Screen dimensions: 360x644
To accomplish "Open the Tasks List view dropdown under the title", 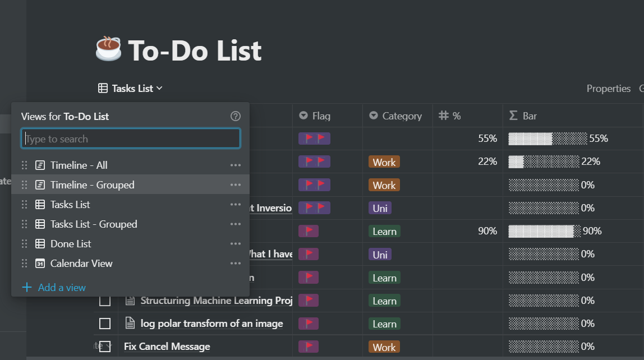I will coord(130,88).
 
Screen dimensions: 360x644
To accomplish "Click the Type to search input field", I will coord(131,139).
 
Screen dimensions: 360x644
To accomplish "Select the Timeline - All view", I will coord(79,165).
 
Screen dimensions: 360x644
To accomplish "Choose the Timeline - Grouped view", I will coord(92,185).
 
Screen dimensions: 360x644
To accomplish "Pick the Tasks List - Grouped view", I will coord(93,224).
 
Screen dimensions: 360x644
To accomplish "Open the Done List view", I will coord(71,244).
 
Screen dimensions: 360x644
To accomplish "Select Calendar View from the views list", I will coord(81,264).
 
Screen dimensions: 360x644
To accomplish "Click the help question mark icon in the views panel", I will coord(236,116).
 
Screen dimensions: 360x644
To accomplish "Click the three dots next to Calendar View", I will coord(236,264).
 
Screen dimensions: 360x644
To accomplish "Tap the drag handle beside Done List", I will coord(24,244).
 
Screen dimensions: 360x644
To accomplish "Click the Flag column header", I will coord(321,116).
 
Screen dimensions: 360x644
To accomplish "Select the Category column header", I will coord(401,116).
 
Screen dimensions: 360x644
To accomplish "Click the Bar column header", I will coord(529,116).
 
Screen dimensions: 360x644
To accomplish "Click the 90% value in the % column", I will coord(487,231).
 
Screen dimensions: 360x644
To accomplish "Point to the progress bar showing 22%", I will coord(543,162).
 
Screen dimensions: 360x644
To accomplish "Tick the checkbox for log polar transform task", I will coord(105,324).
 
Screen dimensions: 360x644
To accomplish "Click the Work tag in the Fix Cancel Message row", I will coord(384,347).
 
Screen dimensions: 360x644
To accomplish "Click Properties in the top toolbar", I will coord(608,89).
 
